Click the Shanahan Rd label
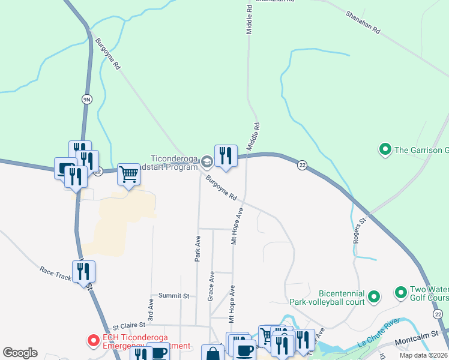click(x=364, y=22)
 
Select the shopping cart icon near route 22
click(x=128, y=175)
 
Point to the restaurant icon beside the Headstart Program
click(x=226, y=156)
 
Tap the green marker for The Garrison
click(x=384, y=148)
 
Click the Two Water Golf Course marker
click(x=400, y=292)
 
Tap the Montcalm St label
click(x=418, y=341)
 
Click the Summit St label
click(x=173, y=296)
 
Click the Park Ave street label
click(x=197, y=247)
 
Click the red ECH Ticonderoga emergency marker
click(x=93, y=341)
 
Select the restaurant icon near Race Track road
click(x=83, y=272)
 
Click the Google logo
click(x=20, y=353)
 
